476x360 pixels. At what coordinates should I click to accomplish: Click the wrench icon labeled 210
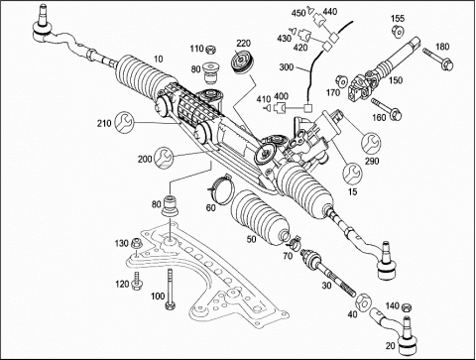(124, 122)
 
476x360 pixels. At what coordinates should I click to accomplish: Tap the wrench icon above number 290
(371, 143)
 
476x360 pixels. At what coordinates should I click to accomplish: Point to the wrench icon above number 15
(352, 174)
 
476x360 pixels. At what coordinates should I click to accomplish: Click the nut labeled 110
(210, 51)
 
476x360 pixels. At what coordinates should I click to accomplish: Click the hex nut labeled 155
(398, 31)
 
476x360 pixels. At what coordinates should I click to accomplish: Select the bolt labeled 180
(437, 60)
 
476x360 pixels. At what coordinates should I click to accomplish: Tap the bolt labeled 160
(387, 109)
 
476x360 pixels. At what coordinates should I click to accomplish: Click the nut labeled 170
(342, 80)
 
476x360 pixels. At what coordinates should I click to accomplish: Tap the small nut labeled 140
(407, 307)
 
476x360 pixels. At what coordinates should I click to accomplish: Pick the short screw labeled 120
(136, 281)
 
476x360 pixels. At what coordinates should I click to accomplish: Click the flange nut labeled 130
(137, 244)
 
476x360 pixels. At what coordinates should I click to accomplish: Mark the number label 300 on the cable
(287, 67)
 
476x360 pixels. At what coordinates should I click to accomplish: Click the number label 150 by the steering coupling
(396, 80)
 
